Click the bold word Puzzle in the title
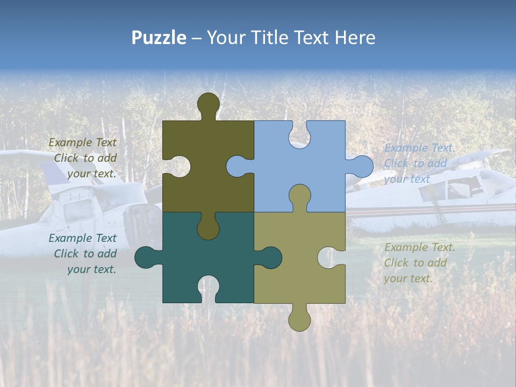pos(159,38)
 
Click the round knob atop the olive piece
pos(208,103)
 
